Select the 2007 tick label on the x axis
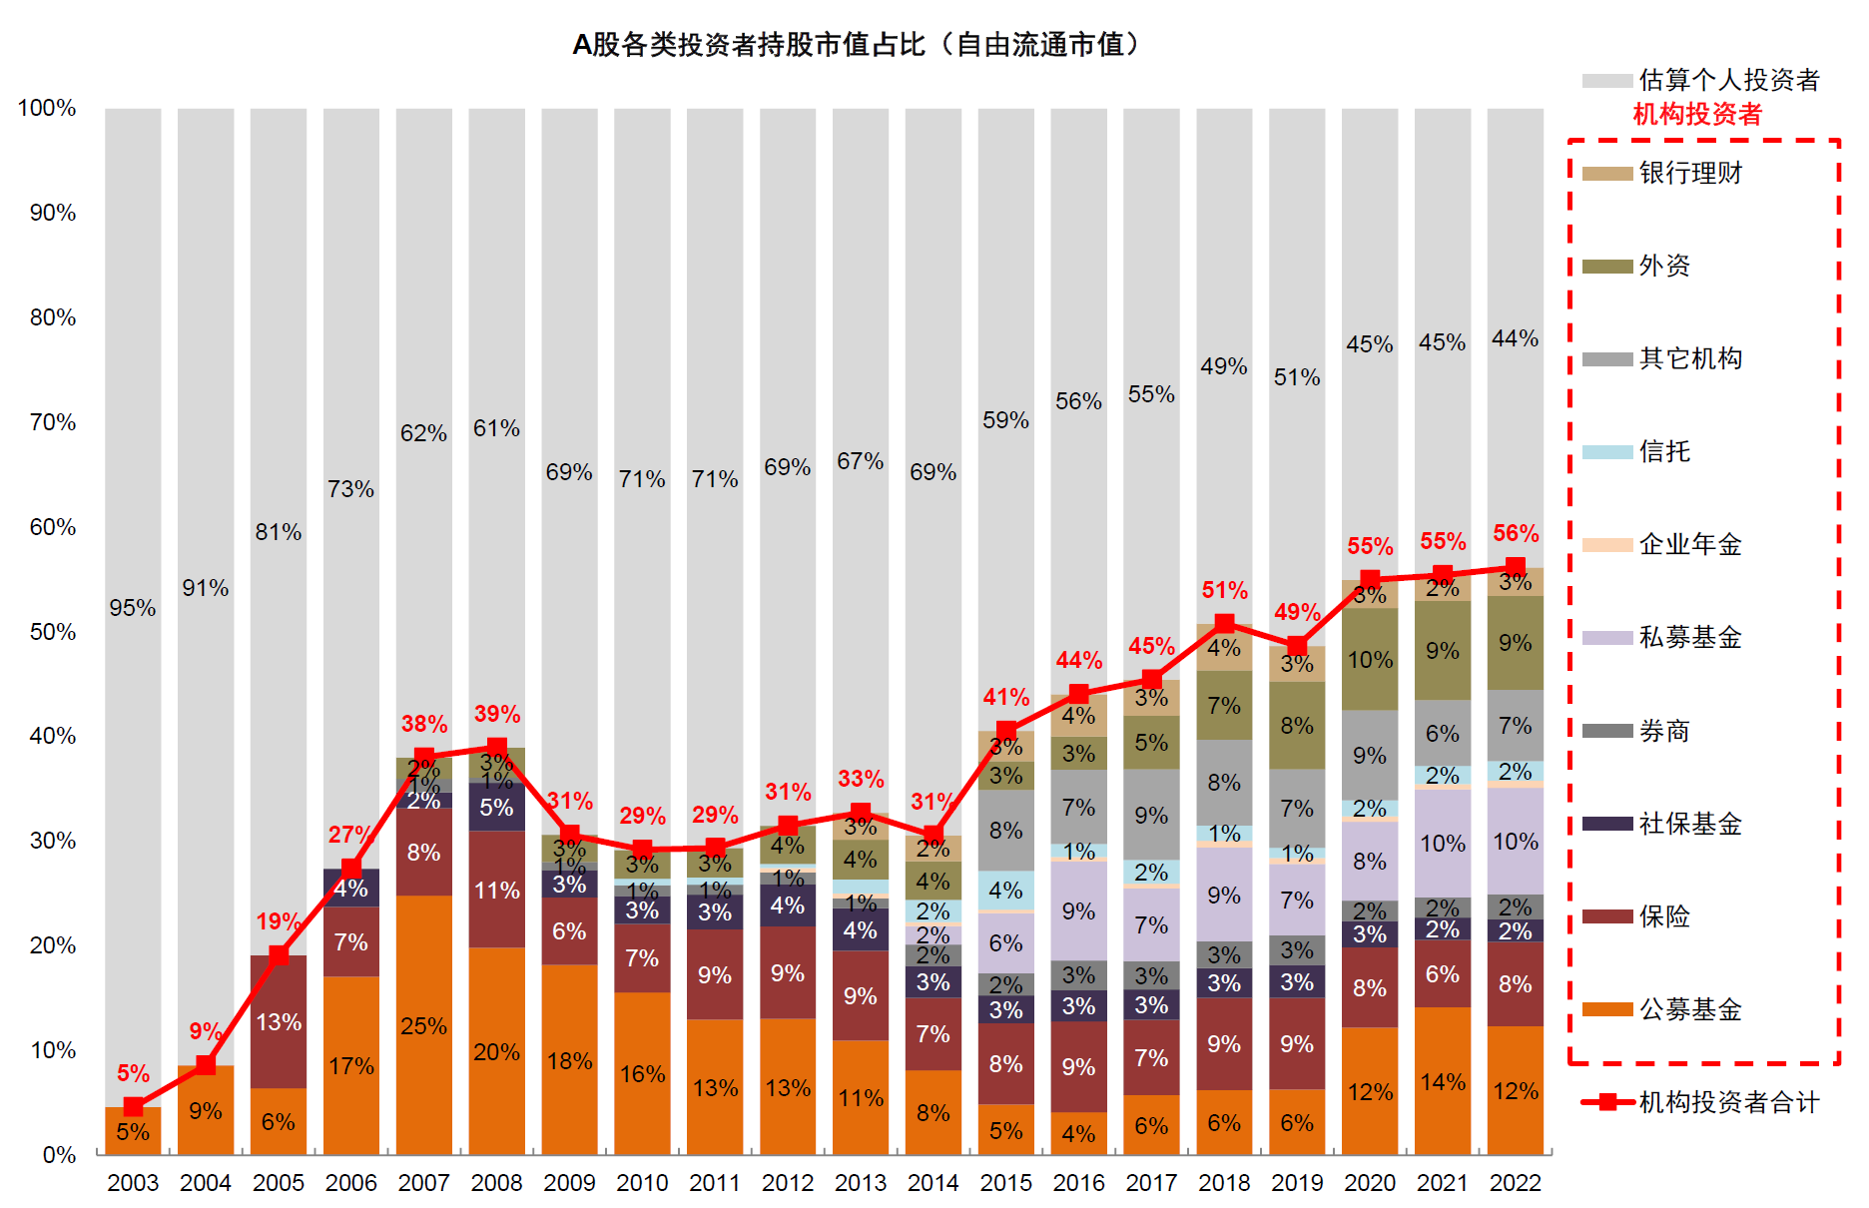point(423,1183)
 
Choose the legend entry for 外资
point(1663,267)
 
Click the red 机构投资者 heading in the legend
point(1697,115)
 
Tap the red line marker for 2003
point(133,1106)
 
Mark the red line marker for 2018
point(1224,624)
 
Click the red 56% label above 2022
point(1516,534)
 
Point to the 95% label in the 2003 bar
point(133,608)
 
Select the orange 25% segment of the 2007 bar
point(423,1025)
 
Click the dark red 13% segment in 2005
point(278,1022)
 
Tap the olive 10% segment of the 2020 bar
point(1370,660)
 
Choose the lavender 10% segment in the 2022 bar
point(1516,842)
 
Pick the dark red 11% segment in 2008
point(496,890)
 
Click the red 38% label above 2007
point(424,724)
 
